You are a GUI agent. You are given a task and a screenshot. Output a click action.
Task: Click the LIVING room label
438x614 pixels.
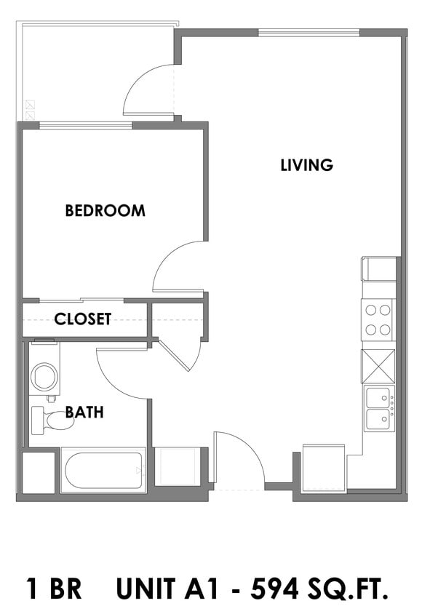pos(306,165)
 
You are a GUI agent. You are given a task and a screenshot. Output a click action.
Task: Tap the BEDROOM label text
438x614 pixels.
pos(105,211)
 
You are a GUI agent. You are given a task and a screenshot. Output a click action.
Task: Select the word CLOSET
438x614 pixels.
pos(83,319)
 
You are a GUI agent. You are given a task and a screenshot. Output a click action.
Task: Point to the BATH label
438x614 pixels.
pos(84,412)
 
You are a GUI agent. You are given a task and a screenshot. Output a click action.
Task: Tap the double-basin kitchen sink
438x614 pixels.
pos(378,409)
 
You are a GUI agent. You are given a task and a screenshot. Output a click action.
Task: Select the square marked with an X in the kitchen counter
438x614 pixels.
pos(378,365)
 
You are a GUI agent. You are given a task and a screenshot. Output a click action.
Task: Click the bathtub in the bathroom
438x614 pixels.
pos(103,471)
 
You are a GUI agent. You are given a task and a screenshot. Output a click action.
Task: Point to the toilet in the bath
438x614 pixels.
pos(51,420)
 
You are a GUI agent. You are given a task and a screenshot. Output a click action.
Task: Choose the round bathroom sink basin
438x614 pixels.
pos(44,377)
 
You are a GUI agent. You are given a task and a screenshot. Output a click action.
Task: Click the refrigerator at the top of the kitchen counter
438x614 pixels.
pos(378,268)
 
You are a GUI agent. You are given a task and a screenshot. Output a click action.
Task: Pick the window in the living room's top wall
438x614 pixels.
pos(308,32)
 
